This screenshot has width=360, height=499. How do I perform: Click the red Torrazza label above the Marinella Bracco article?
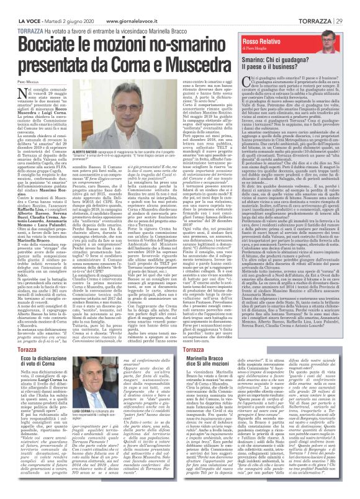197,349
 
